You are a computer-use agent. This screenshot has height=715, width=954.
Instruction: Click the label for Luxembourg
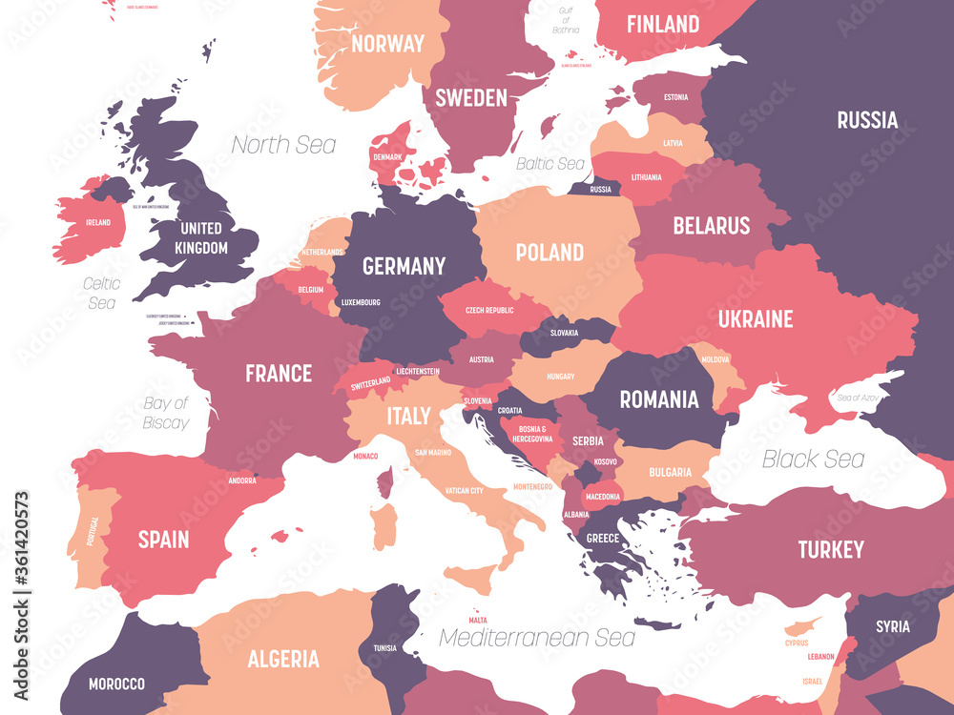pos(361,302)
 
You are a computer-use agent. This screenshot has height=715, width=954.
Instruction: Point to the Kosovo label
pos(604,461)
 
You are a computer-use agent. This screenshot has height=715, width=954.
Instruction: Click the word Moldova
pos(715,359)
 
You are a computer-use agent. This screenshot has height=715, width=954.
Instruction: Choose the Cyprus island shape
pos(803,627)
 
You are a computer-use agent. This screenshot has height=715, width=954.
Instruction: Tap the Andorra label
pos(242,480)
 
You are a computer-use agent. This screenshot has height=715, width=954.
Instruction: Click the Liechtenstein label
pos(418,371)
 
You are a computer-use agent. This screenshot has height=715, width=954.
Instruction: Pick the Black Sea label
pos(813,459)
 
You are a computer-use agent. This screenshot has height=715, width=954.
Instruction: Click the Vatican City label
pos(464,491)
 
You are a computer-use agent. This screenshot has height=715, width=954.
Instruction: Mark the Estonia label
pos(675,97)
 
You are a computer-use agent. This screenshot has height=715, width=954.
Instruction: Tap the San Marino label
pos(432,453)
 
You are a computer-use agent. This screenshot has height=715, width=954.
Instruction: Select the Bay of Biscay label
pos(165,413)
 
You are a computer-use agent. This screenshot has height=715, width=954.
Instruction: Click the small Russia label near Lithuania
pos(600,189)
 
